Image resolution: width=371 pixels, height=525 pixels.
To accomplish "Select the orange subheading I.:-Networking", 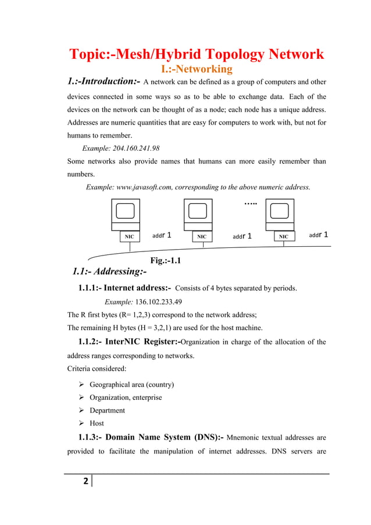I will click(x=196, y=70).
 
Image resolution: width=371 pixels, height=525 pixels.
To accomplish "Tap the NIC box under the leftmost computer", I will click(x=129, y=237).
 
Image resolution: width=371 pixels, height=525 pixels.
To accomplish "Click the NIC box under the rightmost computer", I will click(x=283, y=237).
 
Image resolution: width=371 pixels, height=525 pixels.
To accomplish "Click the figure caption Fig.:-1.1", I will click(x=165, y=261).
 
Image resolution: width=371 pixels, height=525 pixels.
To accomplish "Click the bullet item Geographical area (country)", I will click(x=131, y=385).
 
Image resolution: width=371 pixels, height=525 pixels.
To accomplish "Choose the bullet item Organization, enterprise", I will click(x=126, y=398).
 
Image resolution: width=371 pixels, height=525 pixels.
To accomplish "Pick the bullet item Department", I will click(x=107, y=410).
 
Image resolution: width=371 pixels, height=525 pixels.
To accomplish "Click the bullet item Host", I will click(x=97, y=423).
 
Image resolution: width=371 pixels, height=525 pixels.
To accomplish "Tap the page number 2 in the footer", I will click(x=85, y=481).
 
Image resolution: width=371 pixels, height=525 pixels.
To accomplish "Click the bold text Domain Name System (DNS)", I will click(x=162, y=437).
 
